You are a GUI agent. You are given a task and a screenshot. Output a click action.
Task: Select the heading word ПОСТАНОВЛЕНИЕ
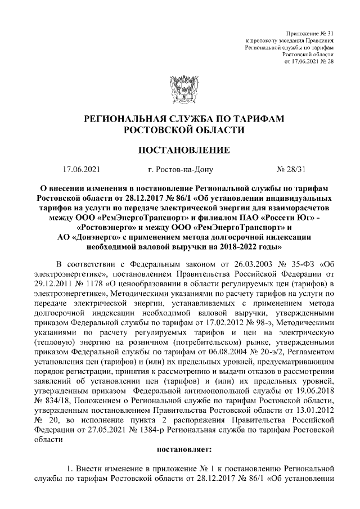[x=180, y=150]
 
